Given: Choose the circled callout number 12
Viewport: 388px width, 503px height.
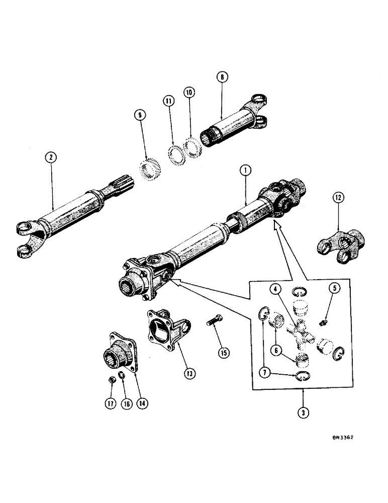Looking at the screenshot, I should (337, 198).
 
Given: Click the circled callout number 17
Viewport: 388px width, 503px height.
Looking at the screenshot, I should (110, 403).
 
